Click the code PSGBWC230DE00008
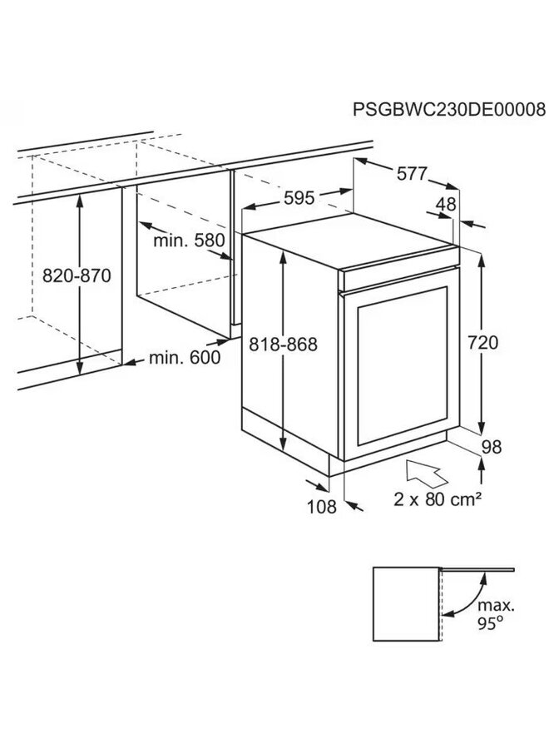448,109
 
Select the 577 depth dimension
412,173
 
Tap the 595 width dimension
299,198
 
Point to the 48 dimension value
446,205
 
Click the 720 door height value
482,343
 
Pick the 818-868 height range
283,345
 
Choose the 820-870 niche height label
77,275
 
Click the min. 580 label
189,241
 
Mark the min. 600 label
185,357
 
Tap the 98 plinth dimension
492,447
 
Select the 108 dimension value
322,507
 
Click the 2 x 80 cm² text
438,499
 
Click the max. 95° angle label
496,614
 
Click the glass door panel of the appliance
402,365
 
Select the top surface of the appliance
351,241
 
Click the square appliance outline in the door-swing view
405,604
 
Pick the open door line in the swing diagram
477,569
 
